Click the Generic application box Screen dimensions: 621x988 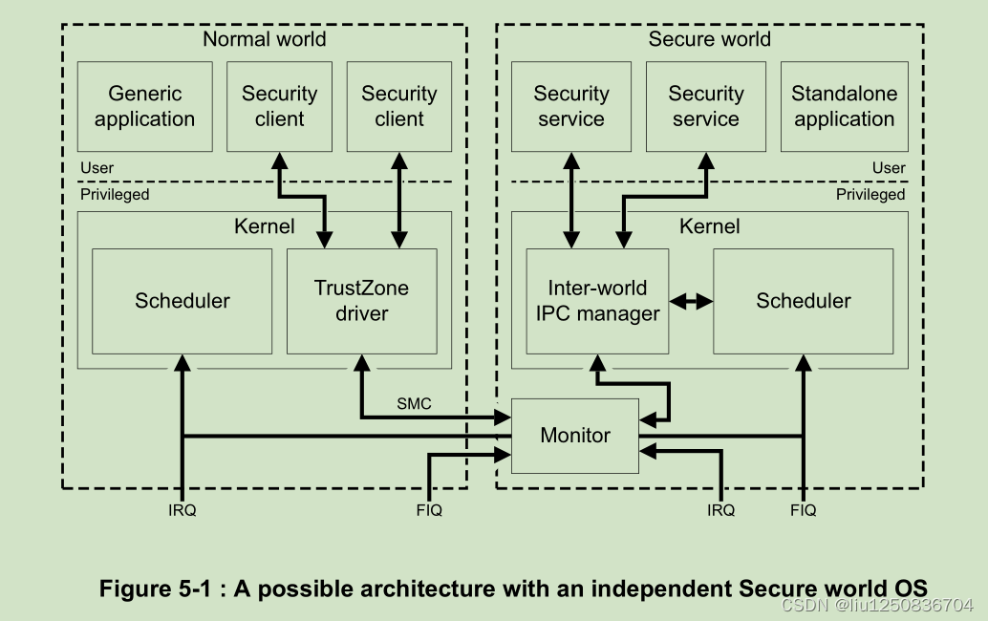[144, 106]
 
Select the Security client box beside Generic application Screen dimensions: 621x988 [279, 106]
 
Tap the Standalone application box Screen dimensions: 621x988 [844, 106]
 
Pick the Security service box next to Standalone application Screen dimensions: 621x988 [705, 106]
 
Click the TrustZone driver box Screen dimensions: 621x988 [361, 301]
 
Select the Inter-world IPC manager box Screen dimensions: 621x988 [597, 301]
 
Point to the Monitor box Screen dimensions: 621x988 [575, 436]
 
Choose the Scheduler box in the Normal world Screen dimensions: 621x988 [182, 301]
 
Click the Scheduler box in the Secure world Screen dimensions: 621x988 [803, 301]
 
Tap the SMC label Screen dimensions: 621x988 [414, 404]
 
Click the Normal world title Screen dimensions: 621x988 [264, 39]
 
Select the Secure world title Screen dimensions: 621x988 [709, 39]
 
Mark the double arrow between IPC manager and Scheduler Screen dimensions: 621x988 [691, 301]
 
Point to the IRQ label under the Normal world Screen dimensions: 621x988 [182, 510]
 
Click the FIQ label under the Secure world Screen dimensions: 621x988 [803, 510]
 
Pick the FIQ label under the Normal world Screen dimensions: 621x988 [429, 510]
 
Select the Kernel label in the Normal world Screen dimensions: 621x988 [264, 226]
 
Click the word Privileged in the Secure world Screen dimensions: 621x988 [870, 194]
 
